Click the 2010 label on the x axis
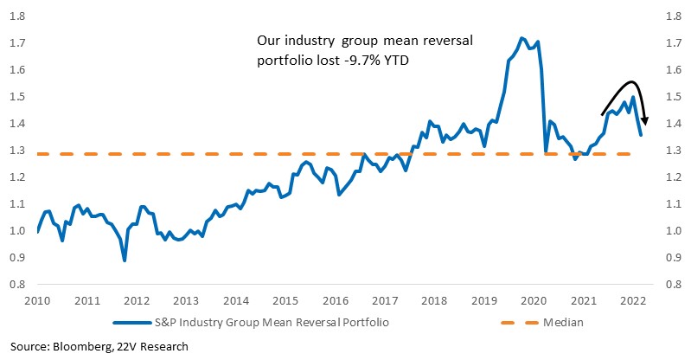pyautogui.click(x=37, y=301)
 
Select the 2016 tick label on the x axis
pyautogui.click(x=336, y=301)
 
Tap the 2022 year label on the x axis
pyautogui.click(x=633, y=301)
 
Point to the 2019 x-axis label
pyautogui.click(x=484, y=301)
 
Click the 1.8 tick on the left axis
pyautogui.click(x=17, y=16)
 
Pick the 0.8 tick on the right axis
pyautogui.click(x=675, y=285)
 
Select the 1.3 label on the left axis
pyautogui.click(x=17, y=151)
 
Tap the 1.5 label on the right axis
pyautogui.click(x=675, y=97)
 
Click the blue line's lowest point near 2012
pyautogui.click(x=125, y=260)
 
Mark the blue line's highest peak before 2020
pyautogui.click(x=521, y=38)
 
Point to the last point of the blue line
pyautogui.click(x=641, y=135)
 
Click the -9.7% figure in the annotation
pyautogui.click(x=358, y=60)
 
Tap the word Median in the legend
pyautogui.click(x=563, y=323)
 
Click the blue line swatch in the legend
pyautogui.click(x=132, y=323)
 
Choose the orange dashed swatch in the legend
pyautogui.click(x=520, y=323)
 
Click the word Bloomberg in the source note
pyautogui.click(x=82, y=347)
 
